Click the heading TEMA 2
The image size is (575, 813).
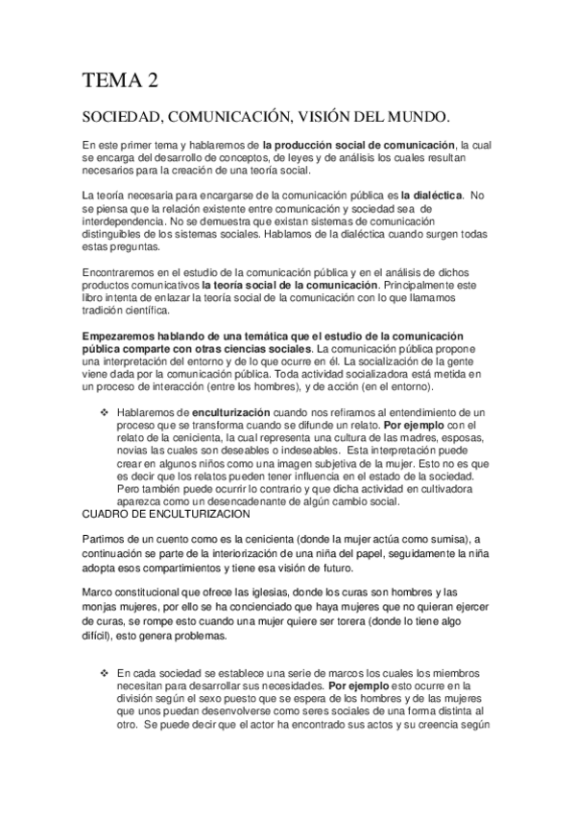click(122, 81)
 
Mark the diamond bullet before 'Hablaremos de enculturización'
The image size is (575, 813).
click(106, 410)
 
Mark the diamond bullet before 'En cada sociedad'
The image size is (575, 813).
click(106, 673)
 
